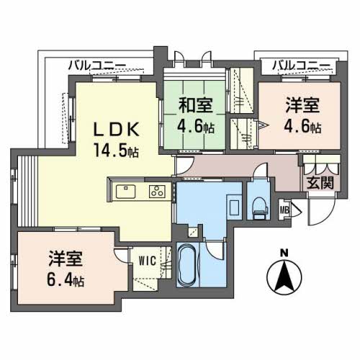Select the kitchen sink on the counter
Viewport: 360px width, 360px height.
click(x=124, y=192)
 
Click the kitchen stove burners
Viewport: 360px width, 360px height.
click(x=157, y=192)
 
